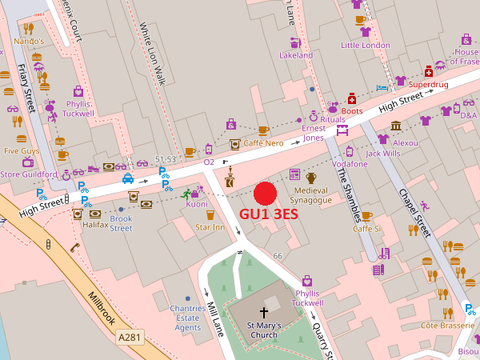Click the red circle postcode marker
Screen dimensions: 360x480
click(x=264, y=194)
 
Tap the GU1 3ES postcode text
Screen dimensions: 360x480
click(x=274, y=215)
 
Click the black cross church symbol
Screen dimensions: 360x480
click(x=264, y=313)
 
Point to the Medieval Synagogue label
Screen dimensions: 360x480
click(x=311, y=194)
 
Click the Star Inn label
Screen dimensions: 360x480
click(x=210, y=228)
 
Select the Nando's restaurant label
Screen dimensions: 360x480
click(x=28, y=41)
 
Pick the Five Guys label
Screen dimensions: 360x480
click(x=22, y=150)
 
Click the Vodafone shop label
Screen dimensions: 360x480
click(x=350, y=164)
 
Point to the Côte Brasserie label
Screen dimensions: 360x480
click(x=448, y=326)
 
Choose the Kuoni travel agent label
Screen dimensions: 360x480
click(x=196, y=204)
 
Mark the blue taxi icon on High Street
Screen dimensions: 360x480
click(x=128, y=178)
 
